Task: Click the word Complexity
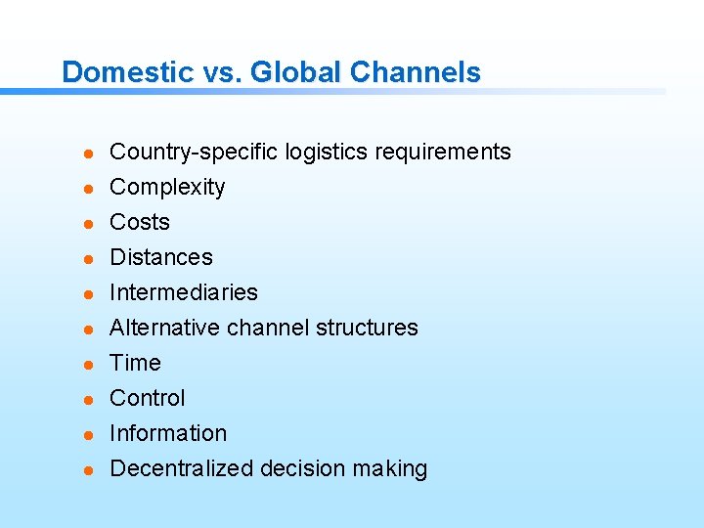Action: tap(167, 188)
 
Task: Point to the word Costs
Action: tap(140, 222)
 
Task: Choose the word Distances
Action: tap(161, 257)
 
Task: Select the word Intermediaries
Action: tap(184, 292)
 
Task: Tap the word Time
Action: tap(135, 363)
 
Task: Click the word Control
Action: tap(148, 398)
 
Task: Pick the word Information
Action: tap(168, 433)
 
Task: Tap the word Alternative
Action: tap(165, 328)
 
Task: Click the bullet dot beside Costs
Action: tap(87, 224)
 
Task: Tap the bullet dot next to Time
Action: tap(87, 365)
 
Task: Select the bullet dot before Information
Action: tap(87, 435)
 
